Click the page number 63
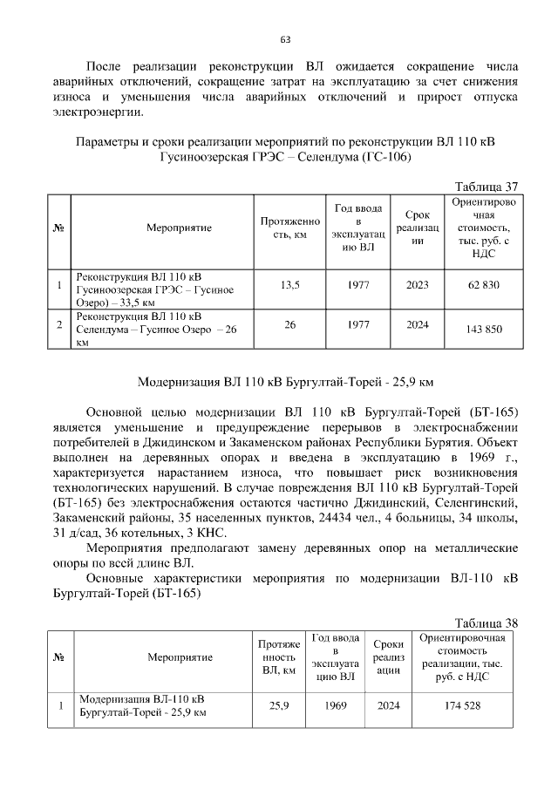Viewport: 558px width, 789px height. pyautogui.click(x=285, y=39)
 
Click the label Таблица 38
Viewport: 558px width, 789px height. pyautogui.click(x=487, y=622)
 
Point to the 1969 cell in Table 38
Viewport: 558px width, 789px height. pyautogui.click(x=334, y=705)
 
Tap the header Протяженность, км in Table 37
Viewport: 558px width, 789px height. pyautogui.click(x=286, y=228)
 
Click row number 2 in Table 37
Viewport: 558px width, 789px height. pyautogui.click(x=58, y=325)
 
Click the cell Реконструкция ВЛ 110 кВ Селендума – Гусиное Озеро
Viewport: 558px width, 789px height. pyautogui.click(x=156, y=329)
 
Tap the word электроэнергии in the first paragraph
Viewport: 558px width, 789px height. pyautogui.click(x=94, y=112)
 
